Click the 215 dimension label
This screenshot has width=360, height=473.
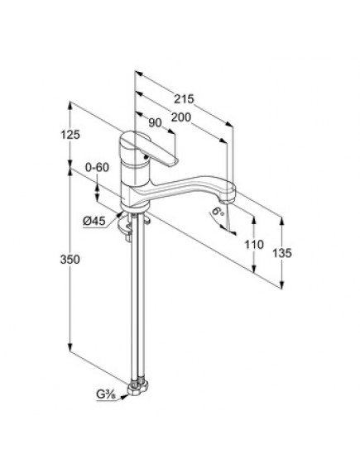tap(185, 98)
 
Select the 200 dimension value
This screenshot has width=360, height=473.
tap(181, 117)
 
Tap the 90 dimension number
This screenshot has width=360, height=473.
tap(156, 122)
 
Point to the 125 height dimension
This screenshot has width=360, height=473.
tap(70, 135)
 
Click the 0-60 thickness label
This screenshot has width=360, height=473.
tap(97, 167)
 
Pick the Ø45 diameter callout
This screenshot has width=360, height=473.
tap(94, 221)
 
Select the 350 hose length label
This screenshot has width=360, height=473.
tap(70, 259)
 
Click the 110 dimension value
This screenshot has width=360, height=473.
tap(254, 244)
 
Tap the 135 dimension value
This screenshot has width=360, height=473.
tap(282, 253)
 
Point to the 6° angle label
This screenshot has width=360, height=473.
tap(218, 211)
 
